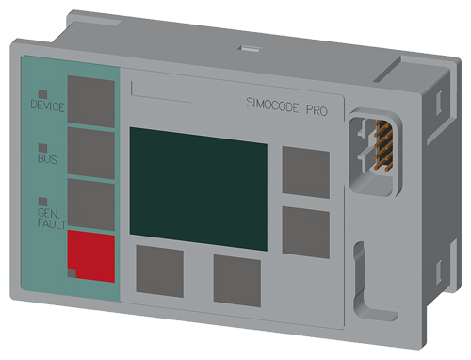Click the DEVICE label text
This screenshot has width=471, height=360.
coord(47,106)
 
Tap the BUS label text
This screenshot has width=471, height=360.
coord(47,158)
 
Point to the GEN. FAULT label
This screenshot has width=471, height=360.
coord(52,219)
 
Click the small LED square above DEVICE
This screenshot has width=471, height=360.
coord(42,94)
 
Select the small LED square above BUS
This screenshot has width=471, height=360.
coord(42,148)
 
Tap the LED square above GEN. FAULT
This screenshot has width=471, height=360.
coord(42,202)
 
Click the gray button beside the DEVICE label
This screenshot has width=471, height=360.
coord(91,102)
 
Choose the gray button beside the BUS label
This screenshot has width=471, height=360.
coord(91,154)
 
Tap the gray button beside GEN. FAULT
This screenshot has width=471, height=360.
coord(91,205)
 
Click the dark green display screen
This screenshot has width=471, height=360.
coord(199,188)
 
